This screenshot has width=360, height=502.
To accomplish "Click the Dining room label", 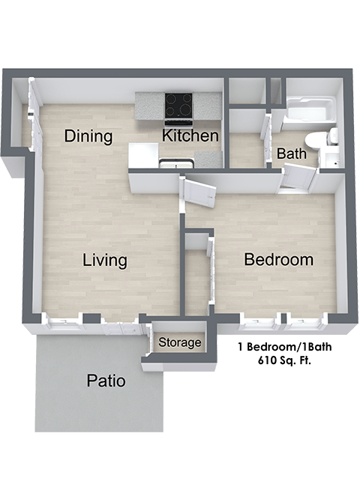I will (x=88, y=136).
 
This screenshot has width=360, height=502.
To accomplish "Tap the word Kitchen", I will (x=190, y=136).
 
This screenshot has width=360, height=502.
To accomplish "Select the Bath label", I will (x=292, y=154).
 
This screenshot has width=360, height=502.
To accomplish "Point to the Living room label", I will (x=104, y=261).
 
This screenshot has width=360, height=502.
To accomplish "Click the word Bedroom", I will (x=278, y=260).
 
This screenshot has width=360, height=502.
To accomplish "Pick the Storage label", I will (x=180, y=343).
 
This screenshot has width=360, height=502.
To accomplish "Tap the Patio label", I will (x=106, y=381).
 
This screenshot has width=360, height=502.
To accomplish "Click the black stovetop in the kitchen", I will (x=178, y=105).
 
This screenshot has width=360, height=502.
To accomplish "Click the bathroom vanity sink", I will (x=329, y=159).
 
